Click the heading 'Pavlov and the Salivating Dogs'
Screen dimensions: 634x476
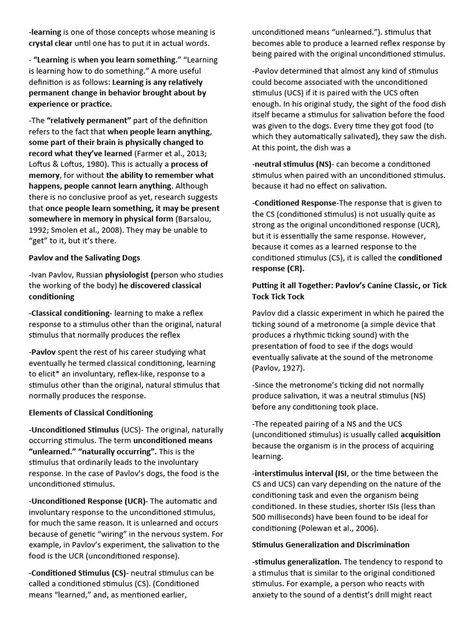(84, 258)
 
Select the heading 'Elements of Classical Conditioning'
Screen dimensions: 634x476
(90, 412)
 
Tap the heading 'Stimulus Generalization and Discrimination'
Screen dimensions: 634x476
(331, 545)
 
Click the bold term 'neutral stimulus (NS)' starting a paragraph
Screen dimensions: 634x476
(293, 164)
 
